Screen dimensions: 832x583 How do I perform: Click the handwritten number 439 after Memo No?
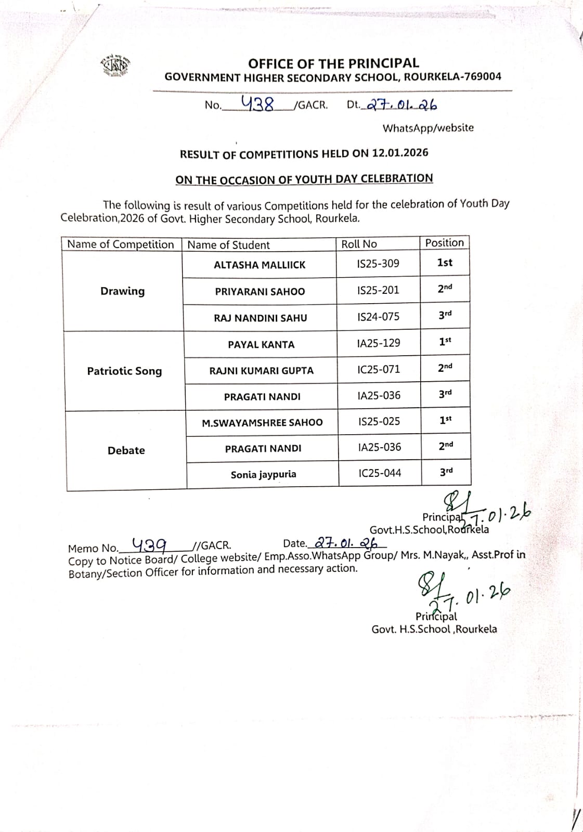tap(149, 544)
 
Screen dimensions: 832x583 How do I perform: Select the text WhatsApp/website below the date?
tap(428, 128)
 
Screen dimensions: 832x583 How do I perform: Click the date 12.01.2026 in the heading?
tap(400, 153)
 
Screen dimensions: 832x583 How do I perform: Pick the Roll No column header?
tap(359, 244)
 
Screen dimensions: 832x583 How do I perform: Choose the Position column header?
tap(444, 243)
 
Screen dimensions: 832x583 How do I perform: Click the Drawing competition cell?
tap(122, 291)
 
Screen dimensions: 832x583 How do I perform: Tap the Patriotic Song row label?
tap(124, 371)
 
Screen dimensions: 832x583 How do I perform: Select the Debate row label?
tap(126, 450)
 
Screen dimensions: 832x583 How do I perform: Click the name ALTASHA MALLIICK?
tap(260, 265)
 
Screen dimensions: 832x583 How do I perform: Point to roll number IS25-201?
tap(378, 290)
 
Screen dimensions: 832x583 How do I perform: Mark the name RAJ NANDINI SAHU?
tap(260, 318)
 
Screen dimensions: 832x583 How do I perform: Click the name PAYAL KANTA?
tap(261, 344)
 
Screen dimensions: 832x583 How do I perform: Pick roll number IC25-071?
tap(379, 370)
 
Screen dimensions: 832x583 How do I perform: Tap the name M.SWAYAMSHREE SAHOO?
tap(262, 423)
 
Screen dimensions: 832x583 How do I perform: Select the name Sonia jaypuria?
tap(263, 475)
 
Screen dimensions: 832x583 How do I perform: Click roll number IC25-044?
tap(380, 473)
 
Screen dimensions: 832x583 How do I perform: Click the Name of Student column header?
tap(228, 245)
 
